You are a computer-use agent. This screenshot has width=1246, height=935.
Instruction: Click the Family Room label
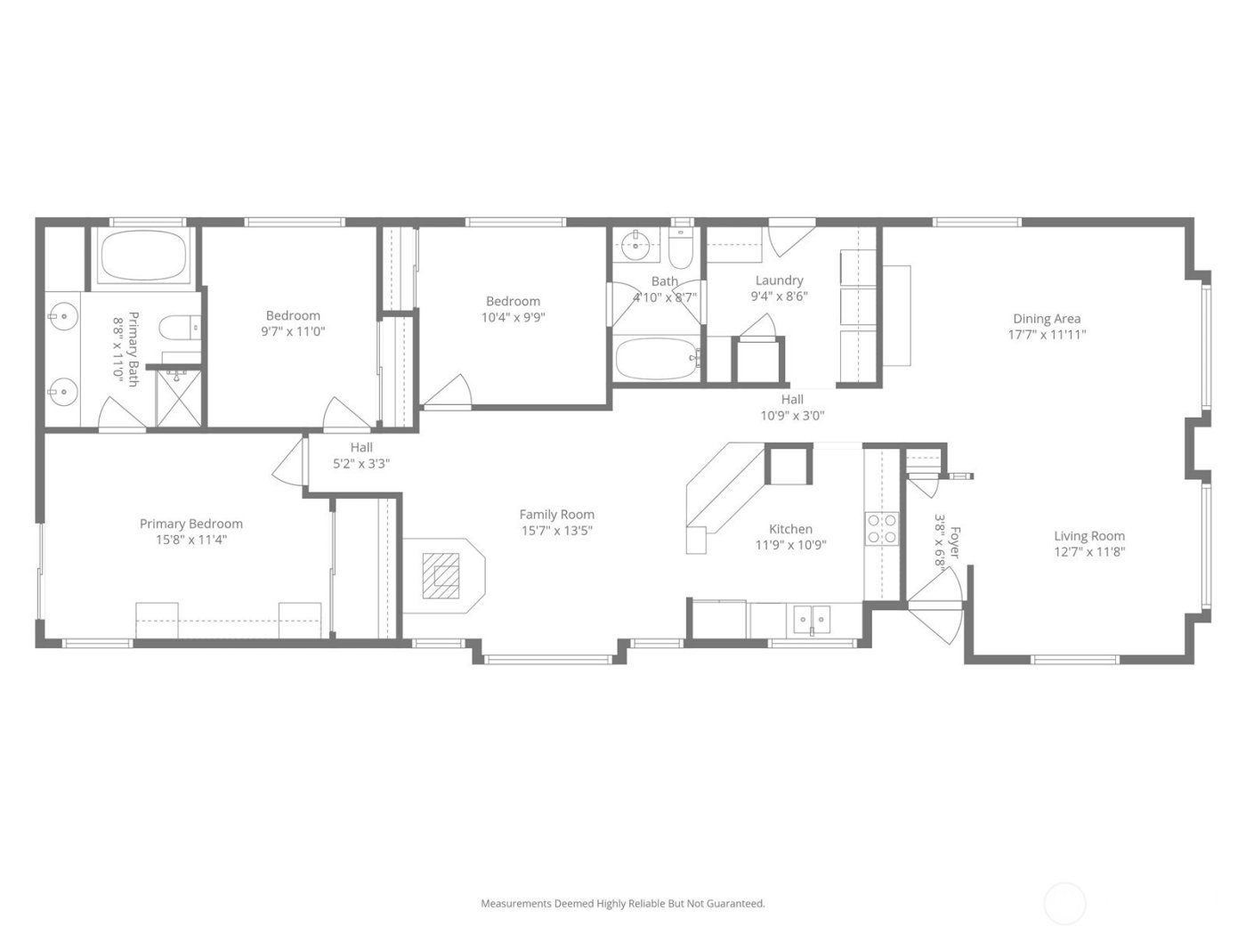556,514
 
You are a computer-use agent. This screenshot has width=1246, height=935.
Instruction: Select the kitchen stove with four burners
882,528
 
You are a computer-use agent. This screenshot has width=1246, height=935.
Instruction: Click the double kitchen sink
811,619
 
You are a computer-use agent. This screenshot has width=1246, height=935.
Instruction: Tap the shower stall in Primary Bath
179,399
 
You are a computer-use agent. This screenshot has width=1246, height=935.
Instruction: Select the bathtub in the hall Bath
657,359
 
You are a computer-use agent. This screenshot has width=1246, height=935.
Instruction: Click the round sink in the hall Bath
636,244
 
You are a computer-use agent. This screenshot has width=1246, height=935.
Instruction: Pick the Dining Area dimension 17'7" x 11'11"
1047,335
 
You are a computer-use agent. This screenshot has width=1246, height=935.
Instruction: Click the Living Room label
1089,536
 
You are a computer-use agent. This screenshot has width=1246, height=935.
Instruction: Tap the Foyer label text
955,542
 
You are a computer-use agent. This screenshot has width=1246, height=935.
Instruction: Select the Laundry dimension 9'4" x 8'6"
779,297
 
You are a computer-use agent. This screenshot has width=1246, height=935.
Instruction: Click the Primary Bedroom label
191,524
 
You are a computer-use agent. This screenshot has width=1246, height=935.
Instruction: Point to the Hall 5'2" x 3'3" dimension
361,463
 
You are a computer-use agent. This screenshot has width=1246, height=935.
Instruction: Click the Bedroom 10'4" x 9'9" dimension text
513,317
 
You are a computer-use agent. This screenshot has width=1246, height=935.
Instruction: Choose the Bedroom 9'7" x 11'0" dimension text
293,331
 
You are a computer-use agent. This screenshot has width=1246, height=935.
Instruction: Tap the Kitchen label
790,529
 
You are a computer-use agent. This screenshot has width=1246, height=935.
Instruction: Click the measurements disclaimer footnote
623,903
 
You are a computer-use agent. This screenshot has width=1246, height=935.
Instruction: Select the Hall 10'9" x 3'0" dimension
792,415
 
